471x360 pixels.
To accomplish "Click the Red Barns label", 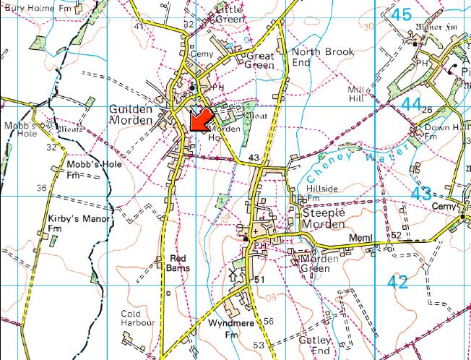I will [x=178, y=262].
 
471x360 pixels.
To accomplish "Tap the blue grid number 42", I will [x=397, y=283].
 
